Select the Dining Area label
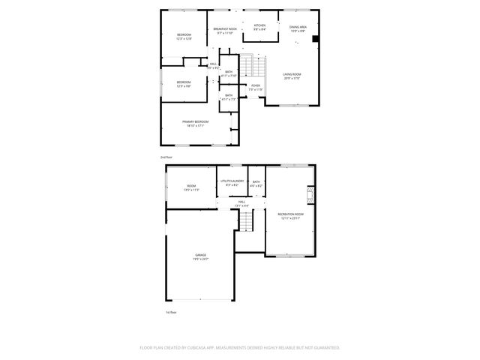[x=298, y=28]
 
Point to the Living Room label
[x=292, y=76]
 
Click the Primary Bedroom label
[x=195, y=123]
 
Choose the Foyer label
[x=256, y=87]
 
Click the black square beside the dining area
[x=315, y=39]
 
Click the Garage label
[x=201, y=256]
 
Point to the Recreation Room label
[x=290, y=216]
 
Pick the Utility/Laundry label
[x=229, y=182]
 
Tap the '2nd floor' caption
[x=166, y=157]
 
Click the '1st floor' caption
[x=170, y=312]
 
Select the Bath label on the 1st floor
[x=256, y=182]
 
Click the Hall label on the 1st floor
[x=241, y=203]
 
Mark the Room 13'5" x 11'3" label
[x=191, y=187]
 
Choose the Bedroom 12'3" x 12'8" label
[x=184, y=37]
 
